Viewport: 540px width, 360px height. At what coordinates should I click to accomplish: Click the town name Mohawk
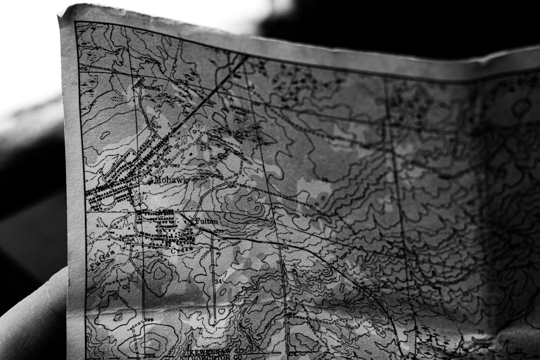click(171, 179)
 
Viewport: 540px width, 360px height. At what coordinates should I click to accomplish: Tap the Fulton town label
click(206, 220)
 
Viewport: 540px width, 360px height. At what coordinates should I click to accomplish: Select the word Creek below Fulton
click(182, 249)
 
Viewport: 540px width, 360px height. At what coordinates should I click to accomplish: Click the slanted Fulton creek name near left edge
click(102, 260)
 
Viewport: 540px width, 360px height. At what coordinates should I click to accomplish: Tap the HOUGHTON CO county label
click(215, 358)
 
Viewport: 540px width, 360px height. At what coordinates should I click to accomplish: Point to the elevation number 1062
click(174, 165)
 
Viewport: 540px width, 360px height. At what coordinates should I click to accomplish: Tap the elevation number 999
click(148, 320)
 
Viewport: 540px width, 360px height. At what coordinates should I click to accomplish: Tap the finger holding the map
click(30, 320)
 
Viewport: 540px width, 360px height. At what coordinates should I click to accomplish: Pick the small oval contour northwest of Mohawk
click(105, 135)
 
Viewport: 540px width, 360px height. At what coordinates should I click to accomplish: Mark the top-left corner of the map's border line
click(76, 22)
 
